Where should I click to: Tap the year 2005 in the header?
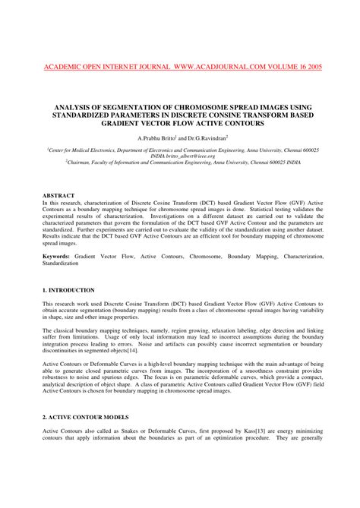click(x=312, y=67)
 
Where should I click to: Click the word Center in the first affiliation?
click(x=62, y=151)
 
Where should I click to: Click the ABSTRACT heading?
click(x=58, y=196)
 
